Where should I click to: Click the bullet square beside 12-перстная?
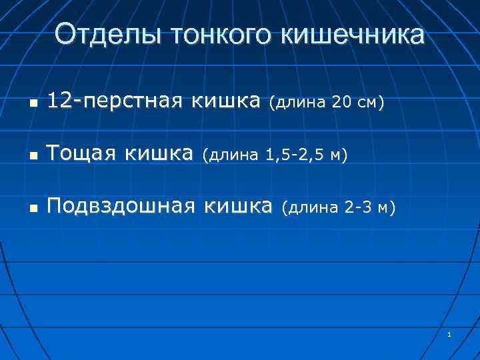(x=33, y=104)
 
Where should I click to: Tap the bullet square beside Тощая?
(x=33, y=157)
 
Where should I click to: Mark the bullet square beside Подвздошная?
(x=33, y=209)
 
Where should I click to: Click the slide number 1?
(x=451, y=334)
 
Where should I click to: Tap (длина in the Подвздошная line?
(x=308, y=209)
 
